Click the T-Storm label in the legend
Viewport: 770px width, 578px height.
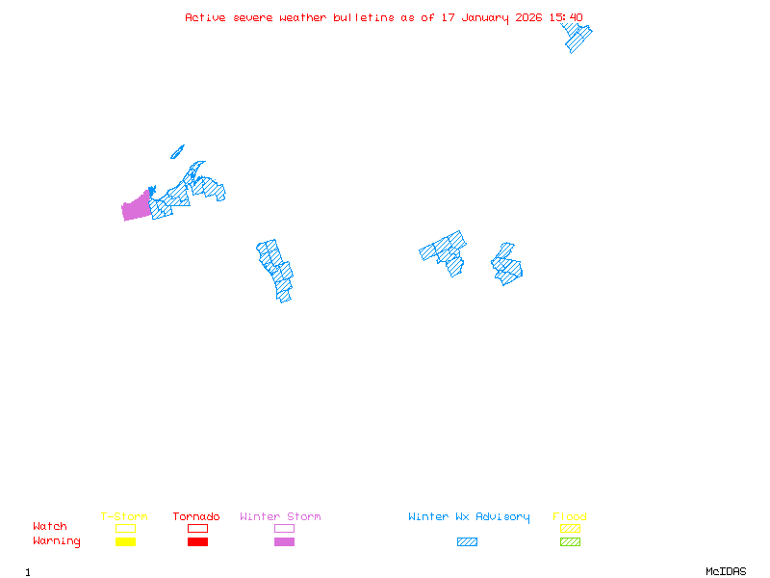(x=124, y=517)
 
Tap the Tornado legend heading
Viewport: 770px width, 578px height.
(x=196, y=517)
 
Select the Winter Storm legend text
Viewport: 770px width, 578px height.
(x=280, y=517)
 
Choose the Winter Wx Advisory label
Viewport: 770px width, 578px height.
(x=469, y=517)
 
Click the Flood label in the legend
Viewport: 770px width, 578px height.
(x=570, y=517)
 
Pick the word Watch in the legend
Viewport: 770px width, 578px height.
(x=50, y=527)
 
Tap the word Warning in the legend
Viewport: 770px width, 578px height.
(x=57, y=541)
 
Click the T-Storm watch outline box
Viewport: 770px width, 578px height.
(x=125, y=528)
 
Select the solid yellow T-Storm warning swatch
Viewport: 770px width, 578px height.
(x=125, y=541)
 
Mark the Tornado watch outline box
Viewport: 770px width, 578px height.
(x=197, y=528)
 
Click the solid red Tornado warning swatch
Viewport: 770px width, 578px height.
(x=197, y=541)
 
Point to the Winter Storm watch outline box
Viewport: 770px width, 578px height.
(x=284, y=528)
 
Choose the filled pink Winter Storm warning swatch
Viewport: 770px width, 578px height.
(x=284, y=541)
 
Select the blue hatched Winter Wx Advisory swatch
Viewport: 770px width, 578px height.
(x=467, y=541)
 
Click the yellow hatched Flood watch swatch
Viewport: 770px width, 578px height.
(x=570, y=528)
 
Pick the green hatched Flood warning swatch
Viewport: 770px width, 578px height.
(x=570, y=541)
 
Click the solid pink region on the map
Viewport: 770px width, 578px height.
(x=136, y=207)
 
